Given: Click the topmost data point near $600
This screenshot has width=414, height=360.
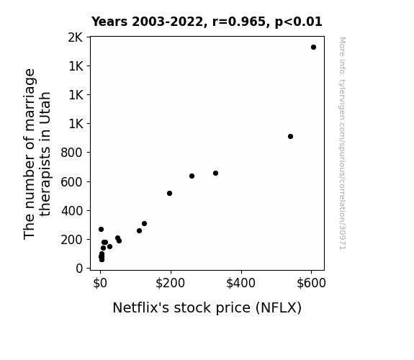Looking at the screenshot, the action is [x=313, y=48].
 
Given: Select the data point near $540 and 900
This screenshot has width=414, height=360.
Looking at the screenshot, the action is [x=290, y=137].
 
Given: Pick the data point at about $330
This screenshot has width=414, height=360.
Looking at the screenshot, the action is [x=215, y=174].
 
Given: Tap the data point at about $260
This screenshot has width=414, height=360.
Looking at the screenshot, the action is [x=192, y=176].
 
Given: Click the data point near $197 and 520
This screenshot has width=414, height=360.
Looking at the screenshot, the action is [x=169, y=194].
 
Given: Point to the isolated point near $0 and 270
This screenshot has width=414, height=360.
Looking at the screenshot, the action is [x=101, y=229].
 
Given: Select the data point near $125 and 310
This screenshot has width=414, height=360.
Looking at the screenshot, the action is [x=144, y=224].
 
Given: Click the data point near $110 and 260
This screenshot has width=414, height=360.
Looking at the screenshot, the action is [x=139, y=231].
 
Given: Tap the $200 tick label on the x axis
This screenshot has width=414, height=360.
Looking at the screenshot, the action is [x=171, y=283].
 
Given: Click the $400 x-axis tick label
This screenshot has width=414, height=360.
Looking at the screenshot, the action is [x=240, y=283].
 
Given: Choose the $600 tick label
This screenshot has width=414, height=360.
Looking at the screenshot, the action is [x=311, y=283].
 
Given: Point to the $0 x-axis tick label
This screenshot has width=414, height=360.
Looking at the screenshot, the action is [x=100, y=283].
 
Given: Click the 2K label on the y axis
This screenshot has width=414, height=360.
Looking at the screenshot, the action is [x=76, y=37].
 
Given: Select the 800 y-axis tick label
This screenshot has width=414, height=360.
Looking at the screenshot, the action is [x=72, y=153].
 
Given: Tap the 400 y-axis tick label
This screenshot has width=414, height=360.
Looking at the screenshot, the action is [x=72, y=211].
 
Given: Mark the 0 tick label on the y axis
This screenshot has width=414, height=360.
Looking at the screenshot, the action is [x=79, y=269].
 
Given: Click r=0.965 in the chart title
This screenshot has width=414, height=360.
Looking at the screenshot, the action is [x=238, y=22].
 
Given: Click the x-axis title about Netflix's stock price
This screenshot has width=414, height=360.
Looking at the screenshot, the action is [x=207, y=307].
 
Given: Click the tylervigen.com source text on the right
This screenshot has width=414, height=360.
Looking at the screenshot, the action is [x=342, y=143].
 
